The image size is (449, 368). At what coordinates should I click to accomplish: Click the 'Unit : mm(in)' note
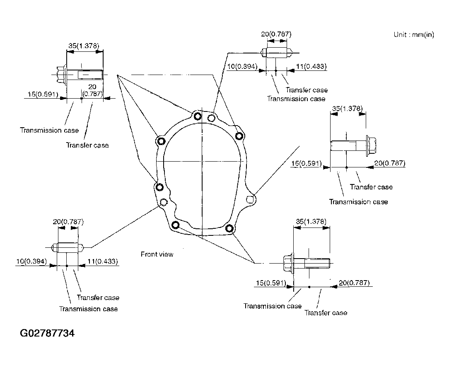coord(414,35)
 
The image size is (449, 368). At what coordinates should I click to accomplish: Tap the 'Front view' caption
coord(157,254)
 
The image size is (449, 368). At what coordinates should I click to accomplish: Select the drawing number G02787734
coord(47,333)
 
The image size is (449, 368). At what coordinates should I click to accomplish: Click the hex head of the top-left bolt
coord(62,75)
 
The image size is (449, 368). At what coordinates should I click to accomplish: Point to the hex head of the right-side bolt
coord(371,146)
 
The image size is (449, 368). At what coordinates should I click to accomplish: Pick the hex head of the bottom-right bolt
coord(288,262)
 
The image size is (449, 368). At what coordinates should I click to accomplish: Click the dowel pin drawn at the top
coord(276,53)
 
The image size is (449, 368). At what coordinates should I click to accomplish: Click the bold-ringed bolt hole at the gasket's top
coord(198,116)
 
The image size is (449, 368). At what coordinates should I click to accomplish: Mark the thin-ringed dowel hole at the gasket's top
coord(211,118)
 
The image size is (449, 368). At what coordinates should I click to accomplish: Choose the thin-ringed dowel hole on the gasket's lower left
coord(164,202)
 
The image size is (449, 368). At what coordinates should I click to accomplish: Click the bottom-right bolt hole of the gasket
coord(229,228)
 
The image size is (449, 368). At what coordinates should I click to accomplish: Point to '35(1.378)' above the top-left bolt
coord(84,46)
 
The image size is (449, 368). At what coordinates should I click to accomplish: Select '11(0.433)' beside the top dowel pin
coord(311,66)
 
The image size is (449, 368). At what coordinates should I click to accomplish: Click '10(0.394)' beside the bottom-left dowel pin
coord(31,261)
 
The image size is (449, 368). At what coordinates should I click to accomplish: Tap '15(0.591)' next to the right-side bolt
coord(307,163)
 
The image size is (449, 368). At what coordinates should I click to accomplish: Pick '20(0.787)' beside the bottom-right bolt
coord(354,283)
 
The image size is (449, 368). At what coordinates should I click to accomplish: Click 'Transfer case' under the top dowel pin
coord(307,90)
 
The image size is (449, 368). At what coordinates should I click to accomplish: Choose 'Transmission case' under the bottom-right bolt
coord(273,306)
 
